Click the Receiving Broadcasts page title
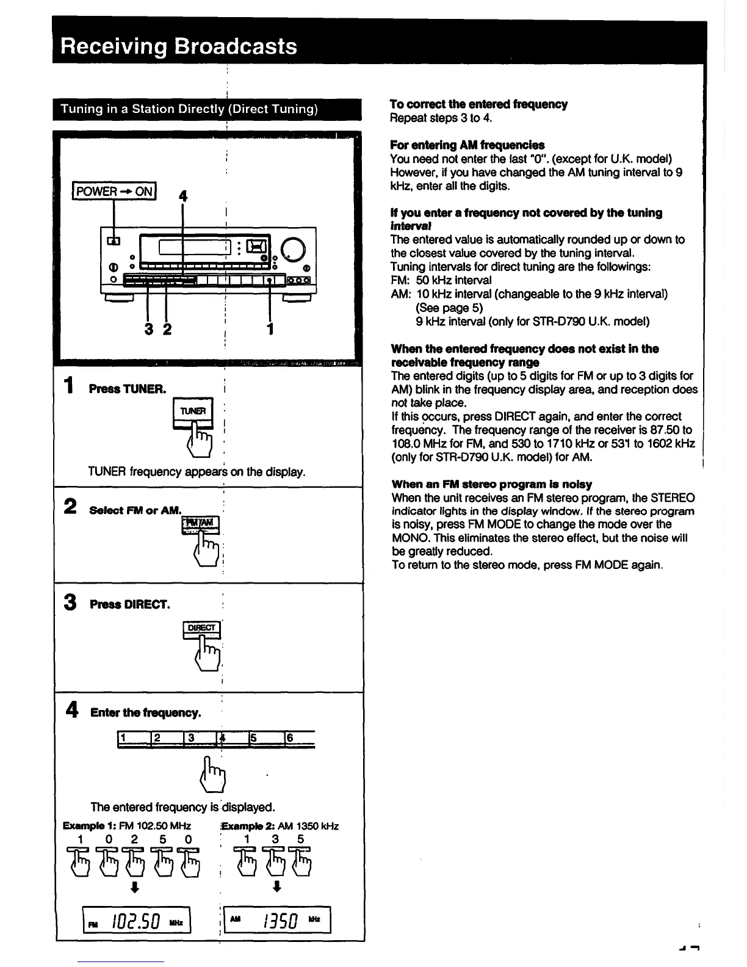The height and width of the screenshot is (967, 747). coord(179,47)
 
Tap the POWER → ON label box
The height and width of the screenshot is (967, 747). coord(114,191)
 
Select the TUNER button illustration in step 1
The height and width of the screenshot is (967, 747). coord(193,411)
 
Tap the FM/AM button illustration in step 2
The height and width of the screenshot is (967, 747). coord(200,523)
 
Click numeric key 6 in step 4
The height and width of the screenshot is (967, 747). coord(298,738)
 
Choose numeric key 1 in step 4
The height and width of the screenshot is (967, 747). coord(133,738)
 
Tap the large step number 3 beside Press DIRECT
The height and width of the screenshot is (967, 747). coord(71,603)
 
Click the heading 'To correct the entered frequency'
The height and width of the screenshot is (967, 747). coord(478,104)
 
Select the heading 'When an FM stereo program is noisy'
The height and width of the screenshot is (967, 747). coord(491,484)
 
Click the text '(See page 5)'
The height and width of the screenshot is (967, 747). coord(449,308)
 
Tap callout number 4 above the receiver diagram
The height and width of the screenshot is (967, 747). coord(182,196)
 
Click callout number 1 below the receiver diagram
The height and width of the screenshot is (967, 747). coord(270,330)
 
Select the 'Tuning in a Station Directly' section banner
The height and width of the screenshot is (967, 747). coord(189,109)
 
